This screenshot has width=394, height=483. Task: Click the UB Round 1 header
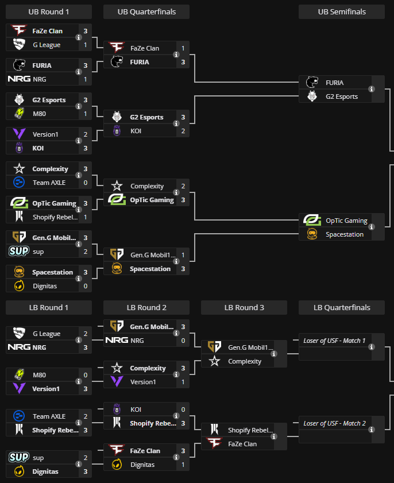click(x=49, y=12)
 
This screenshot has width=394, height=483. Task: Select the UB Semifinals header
click(x=342, y=12)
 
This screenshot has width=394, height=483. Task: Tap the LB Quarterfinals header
click(x=342, y=307)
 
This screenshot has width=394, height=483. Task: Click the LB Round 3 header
click(x=244, y=307)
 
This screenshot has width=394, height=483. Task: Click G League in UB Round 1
click(x=47, y=45)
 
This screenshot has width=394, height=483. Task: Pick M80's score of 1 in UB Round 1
click(x=86, y=114)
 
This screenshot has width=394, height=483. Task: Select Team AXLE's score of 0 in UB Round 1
click(x=86, y=183)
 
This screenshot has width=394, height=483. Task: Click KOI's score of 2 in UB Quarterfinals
click(x=183, y=131)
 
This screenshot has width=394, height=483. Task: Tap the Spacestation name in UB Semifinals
click(x=345, y=234)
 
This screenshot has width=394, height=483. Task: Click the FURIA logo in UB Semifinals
click(x=312, y=83)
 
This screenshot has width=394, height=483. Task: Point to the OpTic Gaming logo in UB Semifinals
click(x=312, y=221)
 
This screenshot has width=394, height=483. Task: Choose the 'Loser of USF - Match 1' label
click(x=334, y=341)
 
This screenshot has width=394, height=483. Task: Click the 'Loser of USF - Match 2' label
click(x=334, y=423)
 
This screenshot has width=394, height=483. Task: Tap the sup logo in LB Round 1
click(x=19, y=458)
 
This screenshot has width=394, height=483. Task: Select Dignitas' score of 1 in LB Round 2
click(x=183, y=465)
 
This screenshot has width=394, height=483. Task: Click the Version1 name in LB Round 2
click(x=143, y=382)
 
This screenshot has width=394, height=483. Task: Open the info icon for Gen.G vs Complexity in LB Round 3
click(x=273, y=354)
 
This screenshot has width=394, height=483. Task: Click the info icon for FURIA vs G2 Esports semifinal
click(x=372, y=90)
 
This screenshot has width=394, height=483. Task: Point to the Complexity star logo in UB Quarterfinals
click(x=117, y=186)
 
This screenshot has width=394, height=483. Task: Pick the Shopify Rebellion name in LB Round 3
click(x=250, y=430)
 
